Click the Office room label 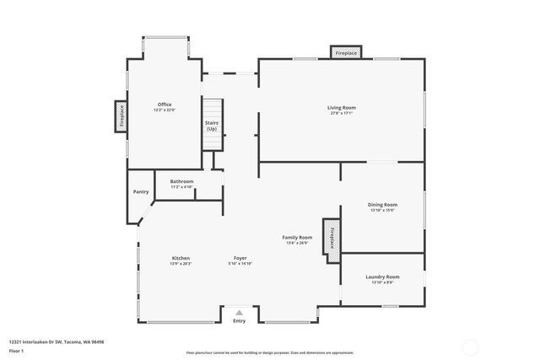tap(164, 105)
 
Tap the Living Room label tap(342, 107)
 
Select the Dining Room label tap(382, 204)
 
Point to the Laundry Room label tap(382, 277)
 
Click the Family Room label tap(297, 238)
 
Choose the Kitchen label tap(181, 258)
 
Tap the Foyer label tap(240, 258)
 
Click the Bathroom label tap(181, 181)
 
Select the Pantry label tap(141, 191)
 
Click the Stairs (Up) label tap(212, 126)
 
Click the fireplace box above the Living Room tap(346, 53)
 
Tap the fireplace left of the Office tap(121, 116)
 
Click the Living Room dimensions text tap(342, 114)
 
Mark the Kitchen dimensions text tap(181, 264)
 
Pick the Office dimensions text tap(164, 110)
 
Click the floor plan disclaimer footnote tap(269, 352)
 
